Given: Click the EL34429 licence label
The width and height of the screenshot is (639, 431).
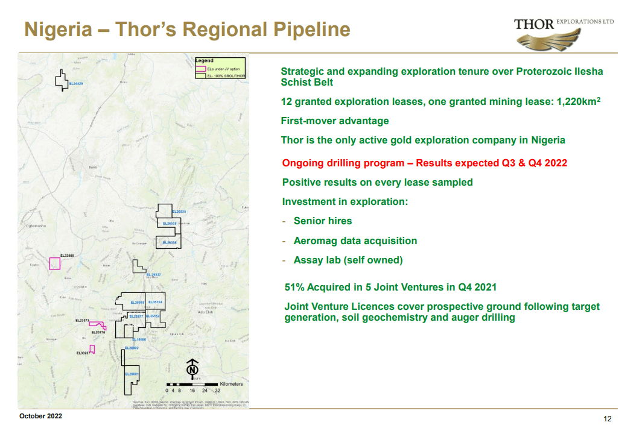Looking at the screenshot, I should (x=76, y=83).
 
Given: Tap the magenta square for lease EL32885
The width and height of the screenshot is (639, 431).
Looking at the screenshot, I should (x=55, y=263).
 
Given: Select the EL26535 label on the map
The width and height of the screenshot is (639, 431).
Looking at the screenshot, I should (x=179, y=212).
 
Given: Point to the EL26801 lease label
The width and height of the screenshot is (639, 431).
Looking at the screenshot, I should (x=132, y=374).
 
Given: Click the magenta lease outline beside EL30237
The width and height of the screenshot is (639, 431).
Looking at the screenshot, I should (x=92, y=349).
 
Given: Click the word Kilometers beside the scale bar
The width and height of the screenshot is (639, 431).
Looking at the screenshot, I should (x=232, y=384).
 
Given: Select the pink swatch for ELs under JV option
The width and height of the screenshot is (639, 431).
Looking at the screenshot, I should (x=201, y=69).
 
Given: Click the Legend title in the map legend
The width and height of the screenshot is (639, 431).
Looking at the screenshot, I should (x=205, y=61).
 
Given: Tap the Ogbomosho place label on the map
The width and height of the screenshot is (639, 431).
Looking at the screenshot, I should (x=36, y=225).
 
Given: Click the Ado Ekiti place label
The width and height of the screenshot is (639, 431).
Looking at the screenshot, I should (x=207, y=312).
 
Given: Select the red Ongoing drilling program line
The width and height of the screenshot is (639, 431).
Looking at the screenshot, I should (x=424, y=163).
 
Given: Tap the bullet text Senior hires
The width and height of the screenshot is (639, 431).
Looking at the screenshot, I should (x=322, y=221).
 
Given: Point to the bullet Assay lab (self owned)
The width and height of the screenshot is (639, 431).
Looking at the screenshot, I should (x=348, y=260).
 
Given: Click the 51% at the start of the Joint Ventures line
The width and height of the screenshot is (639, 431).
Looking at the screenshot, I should (x=294, y=287).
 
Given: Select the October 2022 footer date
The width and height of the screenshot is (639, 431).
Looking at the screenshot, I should (x=40, y=417).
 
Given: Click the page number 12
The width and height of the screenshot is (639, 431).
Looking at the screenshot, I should (x=608, y=419).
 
